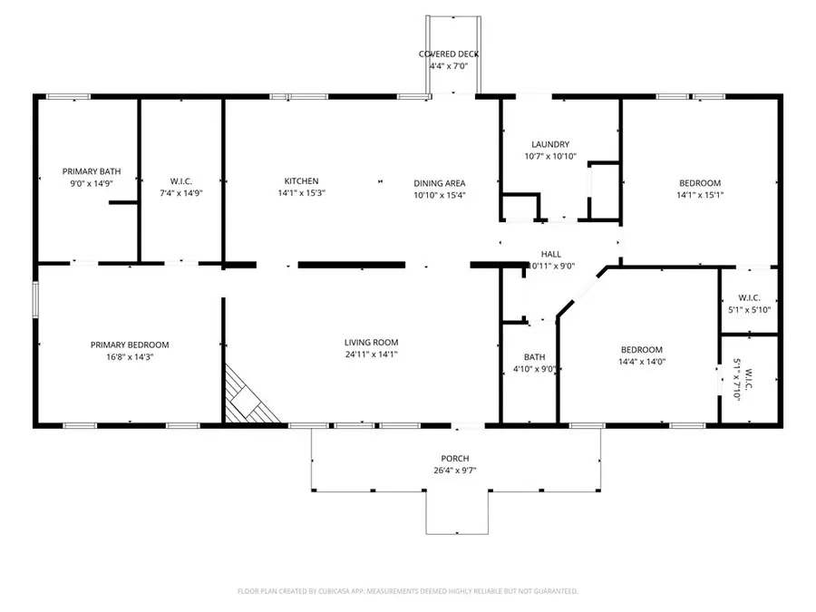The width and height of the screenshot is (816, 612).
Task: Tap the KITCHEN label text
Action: click(x=301, y=181)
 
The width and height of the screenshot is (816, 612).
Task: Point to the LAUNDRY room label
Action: click(x=550, y=144)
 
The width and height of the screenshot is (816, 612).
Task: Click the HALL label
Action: click(x=551, y=255)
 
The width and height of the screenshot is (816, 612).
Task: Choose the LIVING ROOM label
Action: click(x=371, y=343)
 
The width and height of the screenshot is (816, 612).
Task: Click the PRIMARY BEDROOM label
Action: click(x=130, y=345)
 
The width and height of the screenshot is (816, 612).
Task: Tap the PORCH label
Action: click(x=455, y=459)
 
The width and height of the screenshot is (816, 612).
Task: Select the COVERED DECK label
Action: click(x=448, y=54)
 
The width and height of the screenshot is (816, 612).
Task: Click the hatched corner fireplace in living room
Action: click(x=247, y=398)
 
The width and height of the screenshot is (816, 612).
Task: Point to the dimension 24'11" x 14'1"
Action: click(x=371, y=355)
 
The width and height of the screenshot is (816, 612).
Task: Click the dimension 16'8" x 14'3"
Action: click(x=130, y=356)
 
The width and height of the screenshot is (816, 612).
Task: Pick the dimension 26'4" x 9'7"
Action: click(x=455, y=471)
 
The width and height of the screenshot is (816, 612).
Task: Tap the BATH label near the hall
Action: click(x=534, y=357)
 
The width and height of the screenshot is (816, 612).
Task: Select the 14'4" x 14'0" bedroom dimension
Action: click(x=641, y=362)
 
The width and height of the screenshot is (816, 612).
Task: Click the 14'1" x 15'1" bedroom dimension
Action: click(x=700, y=194)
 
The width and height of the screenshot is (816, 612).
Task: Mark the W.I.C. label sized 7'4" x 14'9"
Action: click(x=180, y=181)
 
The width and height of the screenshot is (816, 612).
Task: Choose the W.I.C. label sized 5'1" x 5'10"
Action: click(x=749, y=297)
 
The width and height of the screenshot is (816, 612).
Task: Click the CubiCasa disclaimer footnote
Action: click(x=407, y=591)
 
